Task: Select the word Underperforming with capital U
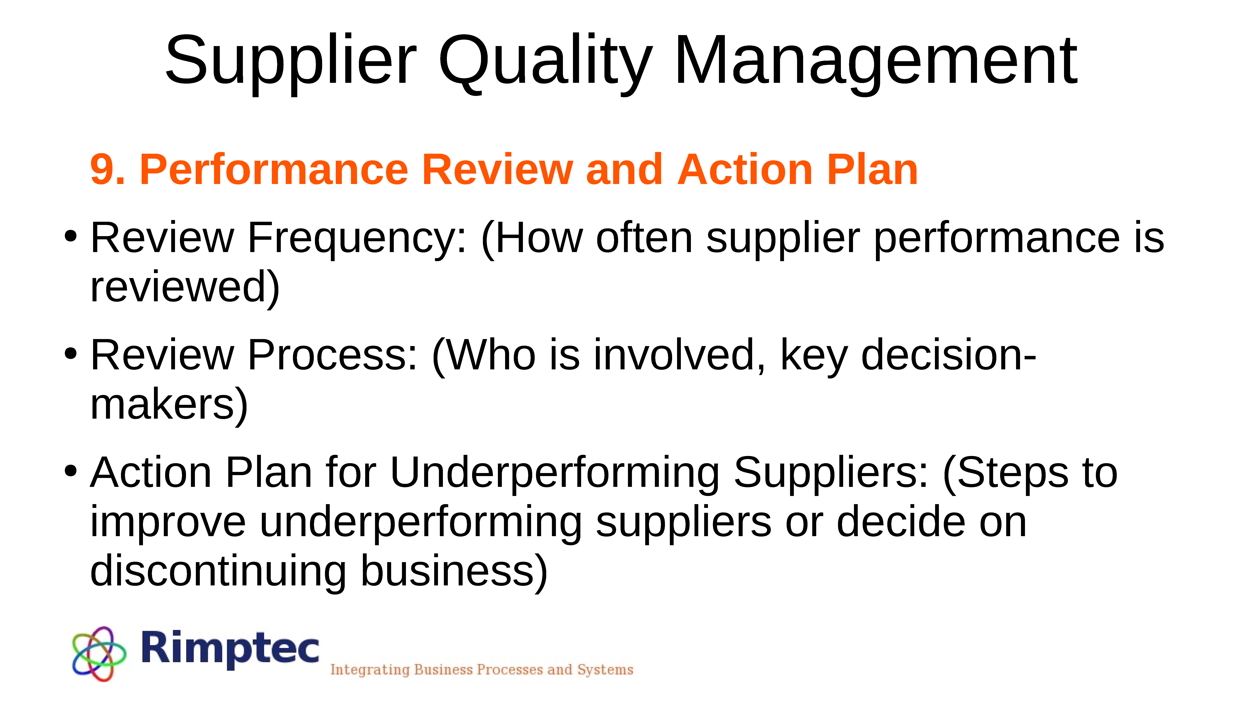tap(554, 474)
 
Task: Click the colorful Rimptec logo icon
tap(99, 653)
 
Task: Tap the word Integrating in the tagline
tap(370, 670)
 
